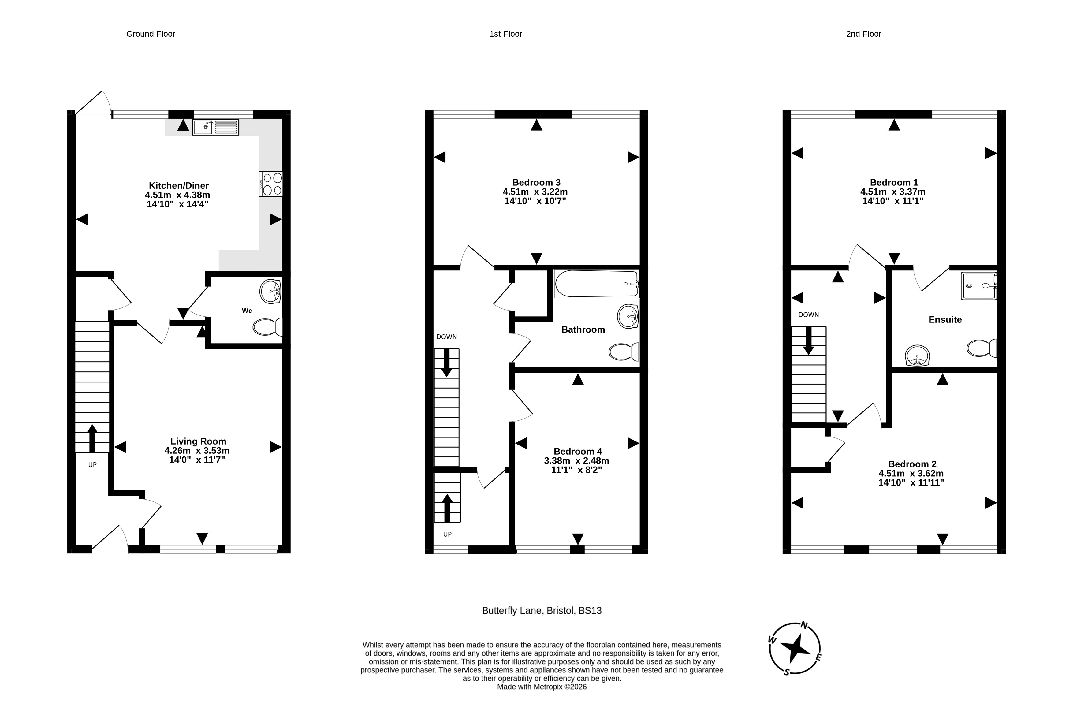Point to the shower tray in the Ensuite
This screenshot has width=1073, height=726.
click(979, 286)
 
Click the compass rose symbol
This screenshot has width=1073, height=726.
click(795, 648)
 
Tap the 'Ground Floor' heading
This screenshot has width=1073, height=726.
click(151, 34)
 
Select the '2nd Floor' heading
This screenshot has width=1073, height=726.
click(863, 34)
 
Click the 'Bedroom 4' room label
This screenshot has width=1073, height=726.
click(578, 451)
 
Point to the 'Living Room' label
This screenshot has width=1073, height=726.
click(198, 441)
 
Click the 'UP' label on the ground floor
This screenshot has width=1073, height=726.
click(92, 465)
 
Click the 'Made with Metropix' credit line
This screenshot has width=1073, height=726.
click(542, 687)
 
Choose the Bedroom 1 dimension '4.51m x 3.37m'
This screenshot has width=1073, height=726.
click(892, 192)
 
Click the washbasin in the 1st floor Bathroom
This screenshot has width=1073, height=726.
click(628, 316)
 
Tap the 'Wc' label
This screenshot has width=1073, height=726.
click(247, 311)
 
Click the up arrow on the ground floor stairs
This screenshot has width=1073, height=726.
click(92, 438)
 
